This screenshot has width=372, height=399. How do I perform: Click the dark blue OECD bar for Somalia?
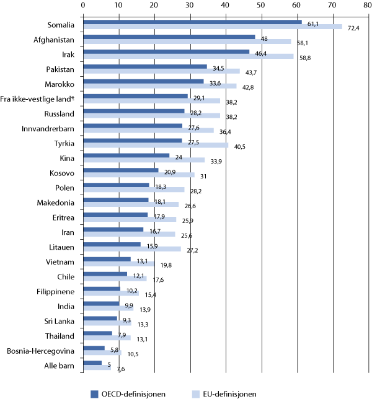[x=192, y=22]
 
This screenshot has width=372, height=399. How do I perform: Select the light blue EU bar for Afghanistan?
[x=186, y=42]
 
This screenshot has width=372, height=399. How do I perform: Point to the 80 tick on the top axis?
[x=368, y=6]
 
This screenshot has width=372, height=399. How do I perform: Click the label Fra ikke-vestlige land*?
[x=40, y=99]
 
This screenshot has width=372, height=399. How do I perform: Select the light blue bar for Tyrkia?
[x=155, y=146]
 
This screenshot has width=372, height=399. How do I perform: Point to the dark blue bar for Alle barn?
[x=92, y=363]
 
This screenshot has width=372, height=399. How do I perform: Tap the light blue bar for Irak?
[x=188, y=56]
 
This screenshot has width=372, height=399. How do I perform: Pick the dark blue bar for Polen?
[x=116, y=185]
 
